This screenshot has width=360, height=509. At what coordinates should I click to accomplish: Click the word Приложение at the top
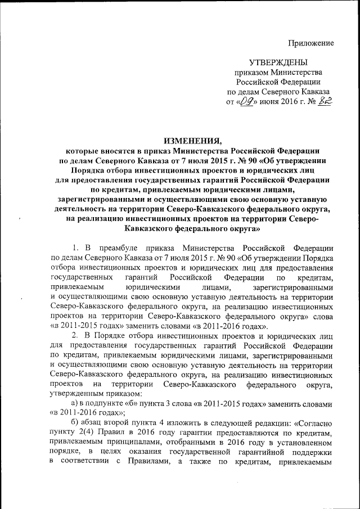pyautogui.click(x=311, y=43)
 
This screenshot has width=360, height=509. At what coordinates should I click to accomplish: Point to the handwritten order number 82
pyautogui.click(x=323, y=101)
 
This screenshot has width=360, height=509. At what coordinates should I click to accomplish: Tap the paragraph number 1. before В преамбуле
pyautogui.click(x=76, y=248)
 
